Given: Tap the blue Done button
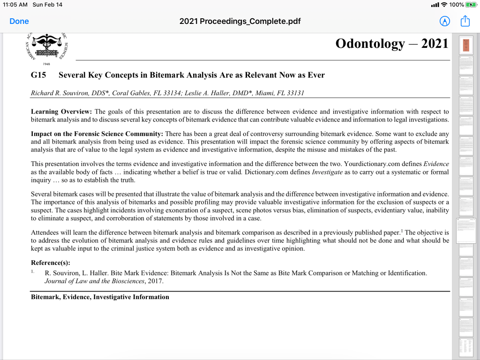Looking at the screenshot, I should [19, 21].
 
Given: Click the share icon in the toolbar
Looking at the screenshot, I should [465, 21].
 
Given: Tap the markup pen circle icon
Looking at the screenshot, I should [444, 21].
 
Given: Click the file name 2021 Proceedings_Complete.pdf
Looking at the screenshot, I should [240, 21].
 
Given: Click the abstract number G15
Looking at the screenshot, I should [38, 75].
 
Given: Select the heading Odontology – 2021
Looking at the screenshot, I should [392, 44].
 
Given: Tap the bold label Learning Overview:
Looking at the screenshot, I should [62, 112].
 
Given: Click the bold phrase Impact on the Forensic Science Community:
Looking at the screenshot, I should [97, 134].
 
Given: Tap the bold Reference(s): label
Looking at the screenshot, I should [51, 262].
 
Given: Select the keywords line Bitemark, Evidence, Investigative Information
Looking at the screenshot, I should [100, 297].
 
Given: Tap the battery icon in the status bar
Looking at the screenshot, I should [471, 5].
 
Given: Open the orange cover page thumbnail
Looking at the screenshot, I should [466, 45].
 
